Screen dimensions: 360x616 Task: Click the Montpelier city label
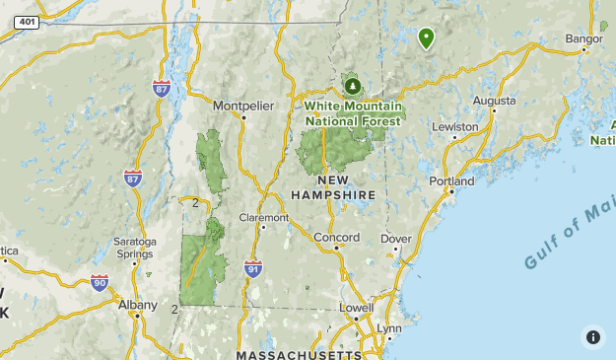point(242,105)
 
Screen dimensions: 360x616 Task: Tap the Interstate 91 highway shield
point(253,267)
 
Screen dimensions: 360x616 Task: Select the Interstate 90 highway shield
point(99,282)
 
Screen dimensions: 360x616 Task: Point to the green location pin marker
point(426,38)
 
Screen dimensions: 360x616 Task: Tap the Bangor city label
point(583,39)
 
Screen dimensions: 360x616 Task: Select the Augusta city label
point(494,101)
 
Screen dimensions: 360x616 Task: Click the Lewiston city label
point(454,127)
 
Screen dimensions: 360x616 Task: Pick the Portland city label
point(451,181)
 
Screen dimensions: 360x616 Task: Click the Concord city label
point(336,237)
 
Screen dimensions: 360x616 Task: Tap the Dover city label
point(396,239)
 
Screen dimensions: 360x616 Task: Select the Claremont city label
point(264,217)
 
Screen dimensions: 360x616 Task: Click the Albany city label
point(137,305)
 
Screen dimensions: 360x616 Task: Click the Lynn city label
point(389,328)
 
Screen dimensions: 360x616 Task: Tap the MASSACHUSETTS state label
point(299,353)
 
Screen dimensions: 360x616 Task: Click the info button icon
point(592,336)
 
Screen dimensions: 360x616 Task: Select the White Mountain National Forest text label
point(354,113)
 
